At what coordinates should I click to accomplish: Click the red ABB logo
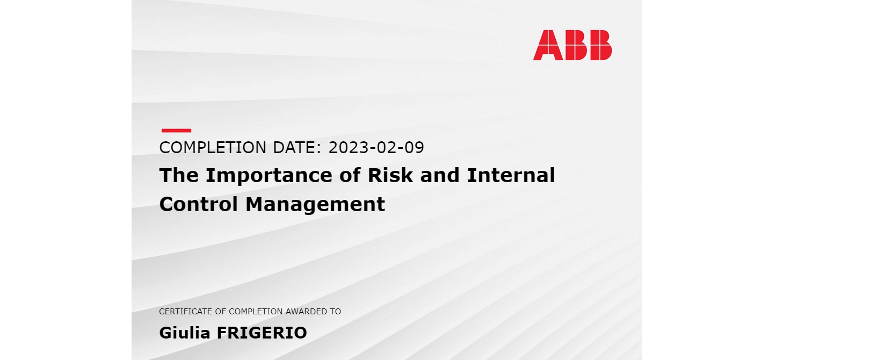(x=572, y=45)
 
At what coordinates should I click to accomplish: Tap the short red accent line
(x=176, y=130)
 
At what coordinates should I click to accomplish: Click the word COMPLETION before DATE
(x=213, y=147)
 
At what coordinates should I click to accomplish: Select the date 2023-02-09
(x=376, y=147)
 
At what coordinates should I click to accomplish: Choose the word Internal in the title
(x=511, y=175)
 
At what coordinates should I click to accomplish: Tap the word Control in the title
(x=198, y=204)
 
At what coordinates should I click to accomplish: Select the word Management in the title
(x=315, y=205)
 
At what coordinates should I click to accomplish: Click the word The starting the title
(x=179, y=175)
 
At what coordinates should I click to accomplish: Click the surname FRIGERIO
(x=262, y=333)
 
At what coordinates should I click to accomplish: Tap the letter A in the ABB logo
(x=548, y=45)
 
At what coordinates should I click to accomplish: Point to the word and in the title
(x=440, y=175)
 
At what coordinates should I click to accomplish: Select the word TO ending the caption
(x=336, y=312)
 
